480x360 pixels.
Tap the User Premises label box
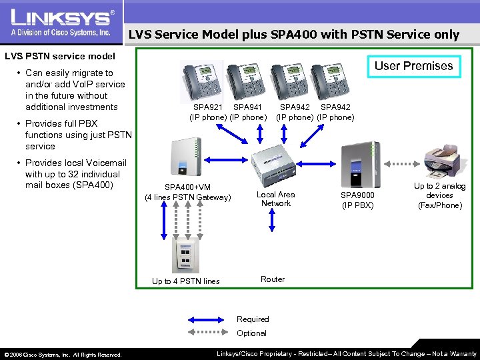[413, 66]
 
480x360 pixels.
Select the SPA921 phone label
[209, 107]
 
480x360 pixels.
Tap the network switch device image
[276, 164]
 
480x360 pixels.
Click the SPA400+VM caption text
[188, 192]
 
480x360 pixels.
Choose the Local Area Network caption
[276, 199]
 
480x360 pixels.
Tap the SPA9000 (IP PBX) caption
[358, 200]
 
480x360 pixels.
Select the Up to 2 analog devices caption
[440, 195]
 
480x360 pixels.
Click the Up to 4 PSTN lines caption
[185, 281]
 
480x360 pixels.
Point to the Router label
[273, 279]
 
